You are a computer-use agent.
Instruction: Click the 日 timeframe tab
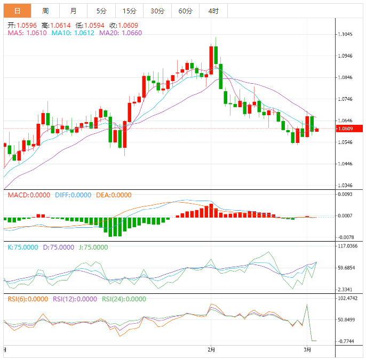click(17, 11)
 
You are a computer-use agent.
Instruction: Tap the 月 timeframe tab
click(73, 11)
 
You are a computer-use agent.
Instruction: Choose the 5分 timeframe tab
click(101, 11)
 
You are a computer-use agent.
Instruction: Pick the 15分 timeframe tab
click(129, 11)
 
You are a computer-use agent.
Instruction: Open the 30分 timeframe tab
click(157, 11)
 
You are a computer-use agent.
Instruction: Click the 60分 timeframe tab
click(185, 11)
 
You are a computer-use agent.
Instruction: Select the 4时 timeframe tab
click(213, 11)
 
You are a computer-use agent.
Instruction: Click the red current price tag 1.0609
click(348, 129)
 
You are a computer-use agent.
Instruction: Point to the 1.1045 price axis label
click(345, 34)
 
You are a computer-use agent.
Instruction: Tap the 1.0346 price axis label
click(345, 186)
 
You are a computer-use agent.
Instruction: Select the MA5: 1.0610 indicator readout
click(27, 33)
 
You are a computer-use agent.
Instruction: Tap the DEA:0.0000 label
click(113, 195)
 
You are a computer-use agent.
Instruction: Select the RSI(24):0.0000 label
click(124, 299)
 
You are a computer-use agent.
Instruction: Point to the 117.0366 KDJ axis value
click(347, 246)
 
